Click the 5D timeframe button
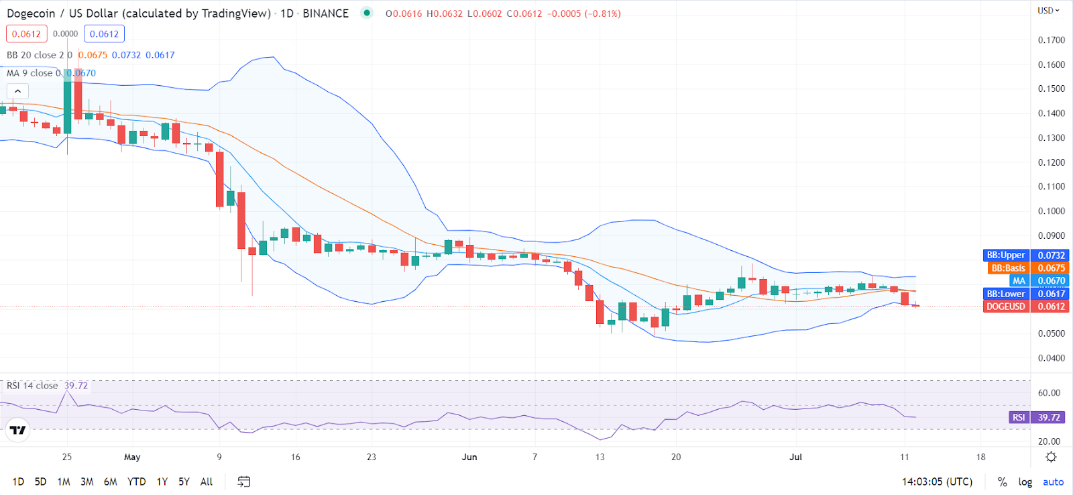point(40,482)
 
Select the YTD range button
point(136,482)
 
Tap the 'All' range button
point(207,482)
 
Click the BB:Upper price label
point(1005,255)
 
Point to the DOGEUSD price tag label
point(1005,307)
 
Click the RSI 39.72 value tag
point(1049,417)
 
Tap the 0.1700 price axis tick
point(1051,40)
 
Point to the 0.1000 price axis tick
point(1051,211)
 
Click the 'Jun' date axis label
point(469,457)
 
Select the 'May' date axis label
point(132,457)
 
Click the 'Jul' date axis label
point(795,457)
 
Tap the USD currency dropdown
point(1048,11)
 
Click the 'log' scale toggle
point(1025,482)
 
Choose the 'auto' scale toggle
point(1053,482)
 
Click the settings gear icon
point(1051,457)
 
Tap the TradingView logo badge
point(18,430)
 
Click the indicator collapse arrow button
point(18,91)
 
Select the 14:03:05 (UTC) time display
point(937,482)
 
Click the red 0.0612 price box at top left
point(26,34)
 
